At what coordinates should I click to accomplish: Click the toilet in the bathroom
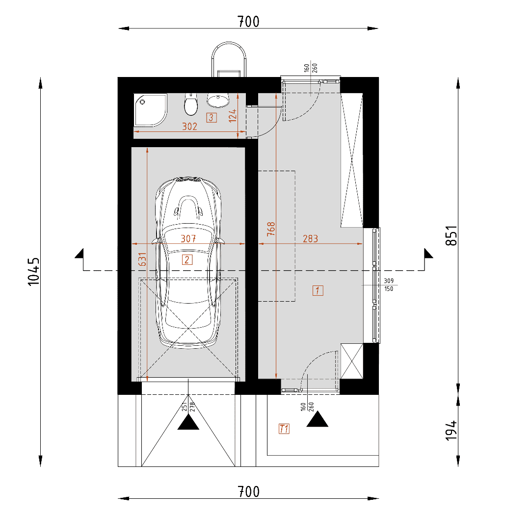191,104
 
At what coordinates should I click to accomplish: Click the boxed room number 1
318,291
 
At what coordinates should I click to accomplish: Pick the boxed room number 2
187,260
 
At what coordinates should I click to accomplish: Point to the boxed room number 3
211,118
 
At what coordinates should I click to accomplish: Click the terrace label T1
284,429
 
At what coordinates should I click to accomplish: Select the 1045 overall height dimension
34,272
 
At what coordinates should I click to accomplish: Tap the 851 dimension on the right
452,235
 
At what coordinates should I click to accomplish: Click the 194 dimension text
452,430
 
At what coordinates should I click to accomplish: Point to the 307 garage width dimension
188,238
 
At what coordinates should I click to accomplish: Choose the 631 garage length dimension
142,259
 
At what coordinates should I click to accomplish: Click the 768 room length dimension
271,229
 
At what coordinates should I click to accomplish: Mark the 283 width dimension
311,238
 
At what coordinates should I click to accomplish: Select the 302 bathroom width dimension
189,127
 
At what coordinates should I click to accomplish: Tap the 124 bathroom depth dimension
233,116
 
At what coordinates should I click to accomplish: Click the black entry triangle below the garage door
188,423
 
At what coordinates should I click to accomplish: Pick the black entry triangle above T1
318,420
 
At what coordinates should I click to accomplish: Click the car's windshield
188,233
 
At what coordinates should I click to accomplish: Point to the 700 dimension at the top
248,22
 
